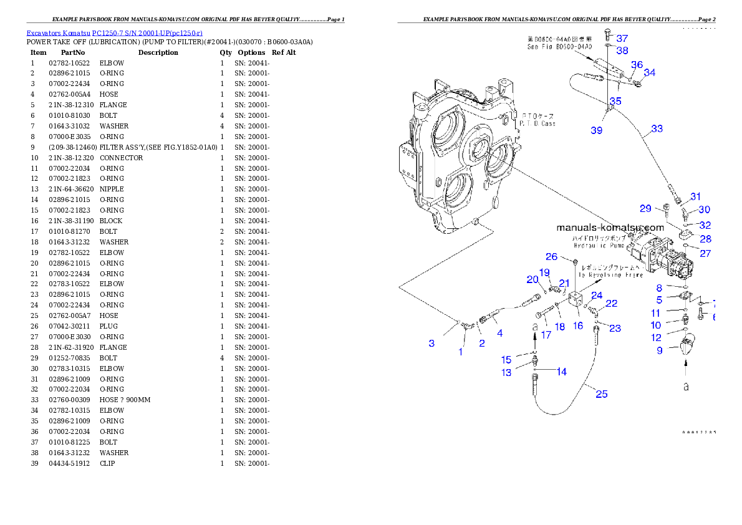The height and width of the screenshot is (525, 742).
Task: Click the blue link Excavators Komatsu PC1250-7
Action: [x=114, y=32]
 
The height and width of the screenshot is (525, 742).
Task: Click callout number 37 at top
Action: [x=622, y=38]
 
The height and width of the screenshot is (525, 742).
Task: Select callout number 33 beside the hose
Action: [x=657, y=129]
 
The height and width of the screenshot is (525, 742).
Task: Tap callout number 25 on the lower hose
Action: [x=601, y=393]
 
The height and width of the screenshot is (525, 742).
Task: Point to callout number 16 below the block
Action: [x=578, y=325]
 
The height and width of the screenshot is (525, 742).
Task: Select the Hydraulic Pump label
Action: [x=599, y=243]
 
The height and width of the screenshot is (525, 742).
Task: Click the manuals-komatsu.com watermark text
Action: [x=610, y=228]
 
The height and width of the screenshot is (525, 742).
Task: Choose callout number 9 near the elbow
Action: [x=659, y=350]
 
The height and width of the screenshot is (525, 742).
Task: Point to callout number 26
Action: [x=551, y=256]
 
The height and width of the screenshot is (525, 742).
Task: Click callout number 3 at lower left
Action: [x=431, y=343]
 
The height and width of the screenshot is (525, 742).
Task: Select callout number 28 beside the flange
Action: [x=705, y=239]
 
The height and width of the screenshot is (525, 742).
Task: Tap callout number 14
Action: [x=561, y=372]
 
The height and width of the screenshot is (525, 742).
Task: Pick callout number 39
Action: [x=597, y=130]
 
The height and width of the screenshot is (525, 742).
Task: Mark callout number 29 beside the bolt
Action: [x=645, y=208]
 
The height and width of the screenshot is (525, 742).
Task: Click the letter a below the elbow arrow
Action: [x=686, y=387]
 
